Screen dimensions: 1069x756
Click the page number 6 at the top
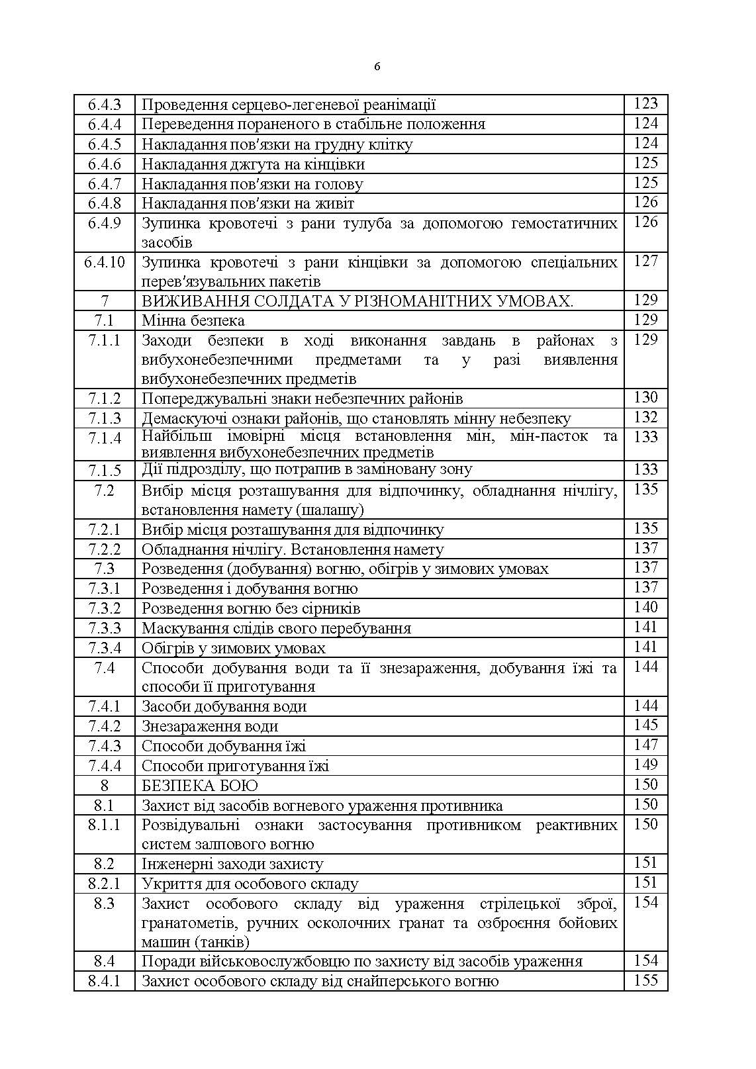click(x=377, y=66)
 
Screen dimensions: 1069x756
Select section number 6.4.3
click(x=105, y=105)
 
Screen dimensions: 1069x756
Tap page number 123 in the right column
click(x=645, y=104)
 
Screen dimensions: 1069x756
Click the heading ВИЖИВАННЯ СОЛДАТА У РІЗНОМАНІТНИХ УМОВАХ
click(x=357, y=301)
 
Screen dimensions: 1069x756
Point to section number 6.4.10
click(x=105, y=262)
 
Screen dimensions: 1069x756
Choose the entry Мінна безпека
click(x=193, y=321)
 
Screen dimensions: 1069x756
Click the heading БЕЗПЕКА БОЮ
click(x=199, y=786)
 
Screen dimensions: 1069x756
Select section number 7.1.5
click(x=105, y=470)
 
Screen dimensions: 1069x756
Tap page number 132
click(x=645, y=418)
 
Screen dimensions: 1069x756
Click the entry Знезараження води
click(x=209, y=726)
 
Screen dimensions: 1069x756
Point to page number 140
click(x=645, y=608)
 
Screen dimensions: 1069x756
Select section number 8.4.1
click(x=105, y=981)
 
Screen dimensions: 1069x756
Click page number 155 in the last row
click(x=645, y=981)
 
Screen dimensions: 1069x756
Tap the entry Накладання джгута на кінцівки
click(x=253, y=164)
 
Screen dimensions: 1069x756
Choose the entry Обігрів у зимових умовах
click(x=233, y=648)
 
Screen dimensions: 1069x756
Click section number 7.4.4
click(x=105, y=766)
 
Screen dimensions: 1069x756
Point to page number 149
click(x=645, y=765)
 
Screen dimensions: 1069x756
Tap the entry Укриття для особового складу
click(x=250, y=884)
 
